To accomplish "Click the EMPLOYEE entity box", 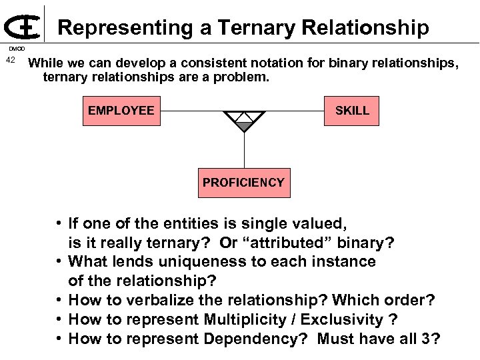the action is pyautogui.click(x=121, y=111).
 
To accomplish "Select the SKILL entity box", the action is pyautogui.click(x=352, y=111).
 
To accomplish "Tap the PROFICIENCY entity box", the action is pyautogui.click(x=243, y=183).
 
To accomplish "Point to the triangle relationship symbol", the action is pyautogui.click(x=245, y=121).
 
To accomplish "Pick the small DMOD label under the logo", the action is pyautogui.click(x=16, y=49).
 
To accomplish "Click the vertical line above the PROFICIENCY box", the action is pyautogui.click(x=245, y=150).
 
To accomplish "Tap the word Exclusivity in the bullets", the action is pyautogui.click(x=344, y=320).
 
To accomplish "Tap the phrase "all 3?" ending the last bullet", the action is pyautogui.click(x=419, y=339).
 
